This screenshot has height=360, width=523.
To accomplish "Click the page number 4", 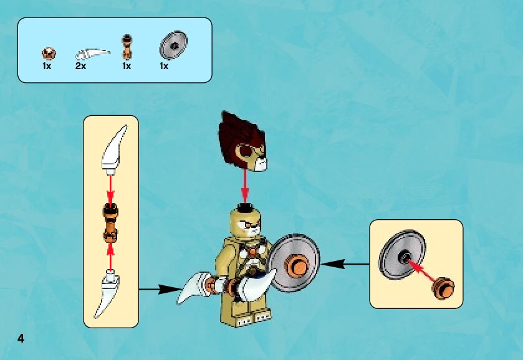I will click(x=21, y=339).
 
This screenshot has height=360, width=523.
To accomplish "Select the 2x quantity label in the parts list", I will click(x=80, y=65).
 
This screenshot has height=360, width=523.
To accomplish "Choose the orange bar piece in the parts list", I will click(x=127, y=47).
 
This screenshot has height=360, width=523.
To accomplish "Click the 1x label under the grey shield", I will click(x=164, y=65).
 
